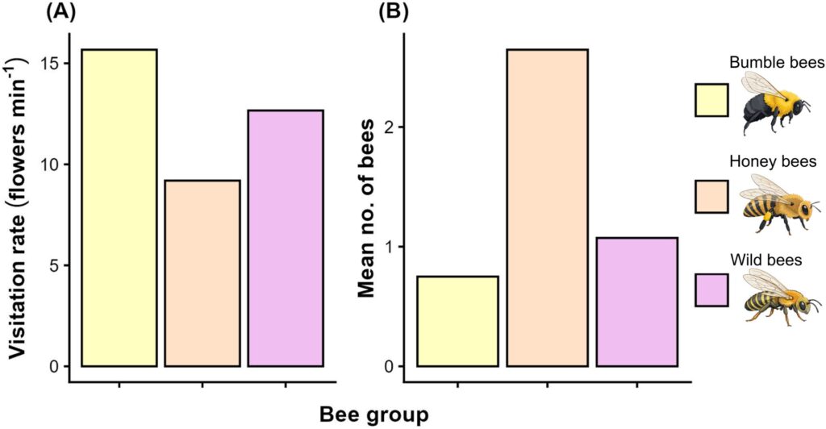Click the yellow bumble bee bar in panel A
tap(119, 208)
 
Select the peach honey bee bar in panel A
tap(202, 273)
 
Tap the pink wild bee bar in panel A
tap(285, 238)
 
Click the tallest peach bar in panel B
tap(548, 208)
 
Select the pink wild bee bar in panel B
tap(636, 302)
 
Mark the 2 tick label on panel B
tap(389, 127)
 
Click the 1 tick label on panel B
tap(389, 247)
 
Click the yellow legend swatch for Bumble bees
tap(711, 100)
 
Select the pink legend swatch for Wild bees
tap(711, 290)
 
